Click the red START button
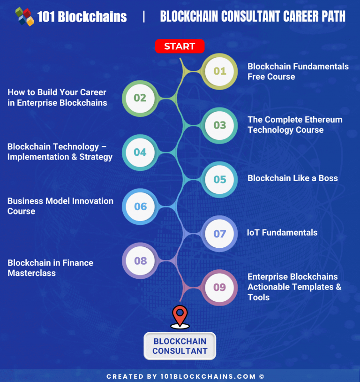click(180, 46)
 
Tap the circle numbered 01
click(220, 71)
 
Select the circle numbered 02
click(140, 98)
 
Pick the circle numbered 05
click(220, 179)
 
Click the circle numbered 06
click(140, 206)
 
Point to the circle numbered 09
click(220, 287)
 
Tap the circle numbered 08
click(140, 260)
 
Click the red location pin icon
click(180, 316)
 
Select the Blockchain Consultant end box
click(180, 346)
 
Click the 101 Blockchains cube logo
click(24, 16)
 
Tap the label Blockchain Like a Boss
click(292, 178)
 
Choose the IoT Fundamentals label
click(282, 232)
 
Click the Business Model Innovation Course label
click(60, 206)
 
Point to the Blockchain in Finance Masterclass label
click(50, 268)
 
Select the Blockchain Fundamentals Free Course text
click(298, 71)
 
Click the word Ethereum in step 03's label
click(322, 120)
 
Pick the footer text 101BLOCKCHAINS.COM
click(216, 376)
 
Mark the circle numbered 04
click(140, 152)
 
